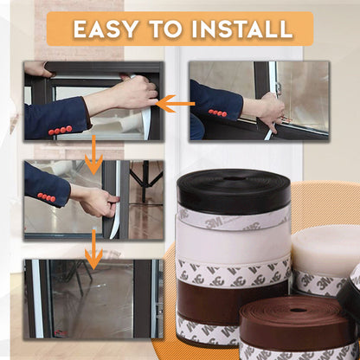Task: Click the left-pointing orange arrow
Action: coord(176,104)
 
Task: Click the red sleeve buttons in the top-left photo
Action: coord(60,130)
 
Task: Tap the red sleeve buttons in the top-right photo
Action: coord(217,113)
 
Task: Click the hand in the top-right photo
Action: coord(270,109)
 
